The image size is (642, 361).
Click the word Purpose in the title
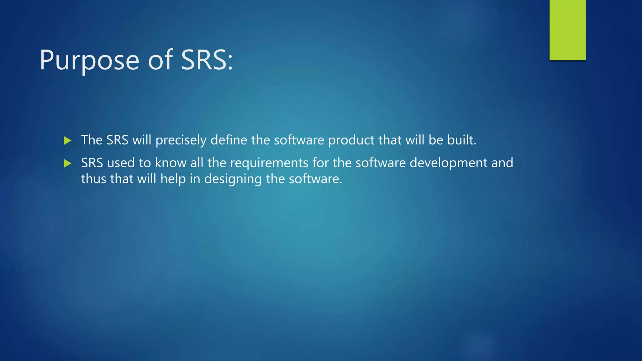(x=89, y=60)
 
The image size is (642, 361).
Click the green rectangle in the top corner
(x=567, y=30)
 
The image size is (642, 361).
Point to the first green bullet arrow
(x=67, y=140)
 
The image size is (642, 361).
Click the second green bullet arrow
(x=67, y=163)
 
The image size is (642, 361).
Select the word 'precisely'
(x=181, y=140)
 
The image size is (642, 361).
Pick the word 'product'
(x=351, y=140)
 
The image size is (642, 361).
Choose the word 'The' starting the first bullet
(x=92, y=140)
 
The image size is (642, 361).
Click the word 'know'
(x=171, y=163)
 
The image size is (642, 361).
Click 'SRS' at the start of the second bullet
(x=92, y=163)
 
